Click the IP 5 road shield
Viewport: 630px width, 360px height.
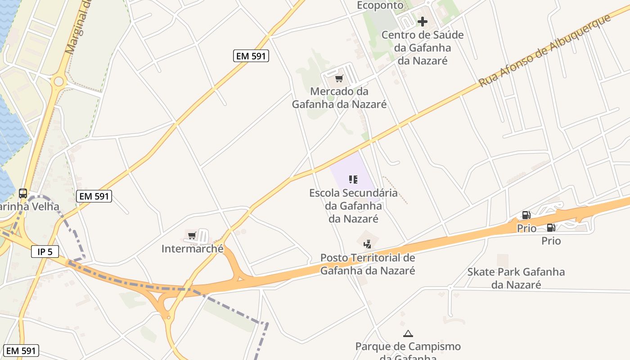pos(45,252)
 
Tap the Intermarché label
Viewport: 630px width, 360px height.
pos(192,249)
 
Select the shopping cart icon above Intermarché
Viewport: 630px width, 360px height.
pos(192,235)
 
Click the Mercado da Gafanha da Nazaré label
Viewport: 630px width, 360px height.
pos(339,98)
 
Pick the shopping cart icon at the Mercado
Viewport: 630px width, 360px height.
pos(339,79)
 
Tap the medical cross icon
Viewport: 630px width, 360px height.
pos(422,21)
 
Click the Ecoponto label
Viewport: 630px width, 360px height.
pos(380,5)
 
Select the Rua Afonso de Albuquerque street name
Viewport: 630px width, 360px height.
pos(544,50)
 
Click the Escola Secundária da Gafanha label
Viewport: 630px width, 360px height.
pos(353,206)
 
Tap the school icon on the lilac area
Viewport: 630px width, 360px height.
pos(353,180)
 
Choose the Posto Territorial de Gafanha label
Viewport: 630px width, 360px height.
pos(367,264)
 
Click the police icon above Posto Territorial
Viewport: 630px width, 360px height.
pos(368,244)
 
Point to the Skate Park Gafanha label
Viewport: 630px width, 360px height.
pos(516,278)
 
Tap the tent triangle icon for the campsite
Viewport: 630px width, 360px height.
pos(408,333)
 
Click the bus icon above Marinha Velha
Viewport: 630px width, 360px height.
pos(23,193)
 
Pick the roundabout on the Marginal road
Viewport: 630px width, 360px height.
pos(58,81)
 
